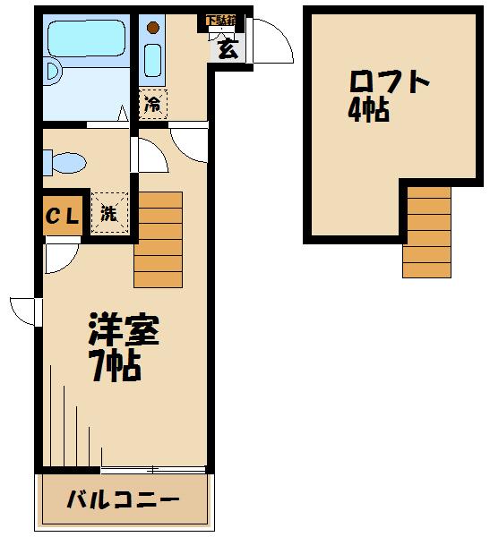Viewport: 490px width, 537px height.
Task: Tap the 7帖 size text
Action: coord(113,365)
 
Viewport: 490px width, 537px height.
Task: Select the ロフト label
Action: coord(389,82)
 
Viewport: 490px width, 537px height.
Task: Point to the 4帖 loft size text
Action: coord(369,112)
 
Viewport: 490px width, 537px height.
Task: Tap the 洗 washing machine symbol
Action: coord(108,214)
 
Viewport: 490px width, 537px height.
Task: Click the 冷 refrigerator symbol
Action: coord(153,104)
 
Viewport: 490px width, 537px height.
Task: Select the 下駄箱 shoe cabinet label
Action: coord(220,21)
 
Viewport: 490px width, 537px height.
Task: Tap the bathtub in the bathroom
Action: coord(86,38)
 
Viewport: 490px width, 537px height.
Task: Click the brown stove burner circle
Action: coord(152,26)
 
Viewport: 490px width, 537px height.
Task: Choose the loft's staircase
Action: coord(426,231)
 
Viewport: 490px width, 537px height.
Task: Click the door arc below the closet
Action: coord(61,257)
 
